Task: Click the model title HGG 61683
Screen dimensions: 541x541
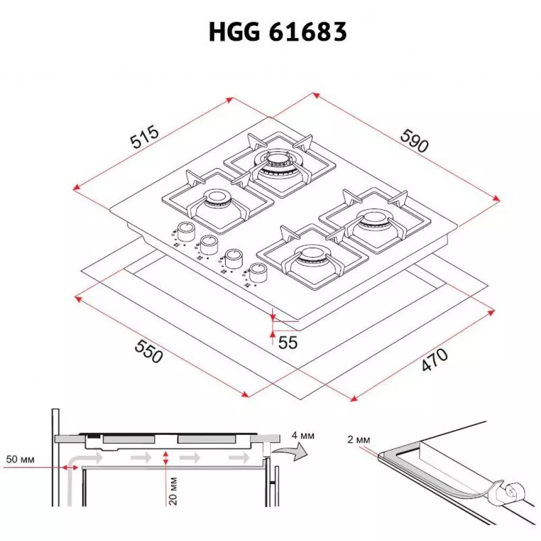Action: pyautogui.click(x=277, y=32)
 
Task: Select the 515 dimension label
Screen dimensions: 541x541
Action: pyautogui.click(x=144, y=137)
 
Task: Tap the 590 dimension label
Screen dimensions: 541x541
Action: pyautogui.click(x=414, y=141)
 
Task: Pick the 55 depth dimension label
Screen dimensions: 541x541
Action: pyautogui.click(x=288, y=342)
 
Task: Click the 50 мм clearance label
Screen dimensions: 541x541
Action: pyautogui.click(x=20, y=459)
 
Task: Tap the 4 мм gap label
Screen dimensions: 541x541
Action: pyautogui.click(x=303, y=436)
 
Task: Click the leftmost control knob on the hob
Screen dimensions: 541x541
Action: pyautogui.click(x=185, y=230)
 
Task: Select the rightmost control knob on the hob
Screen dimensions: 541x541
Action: pyautogui.click(x=258, y=272)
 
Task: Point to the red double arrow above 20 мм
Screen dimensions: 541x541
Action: pyautogui.click(x=166, y=458)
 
